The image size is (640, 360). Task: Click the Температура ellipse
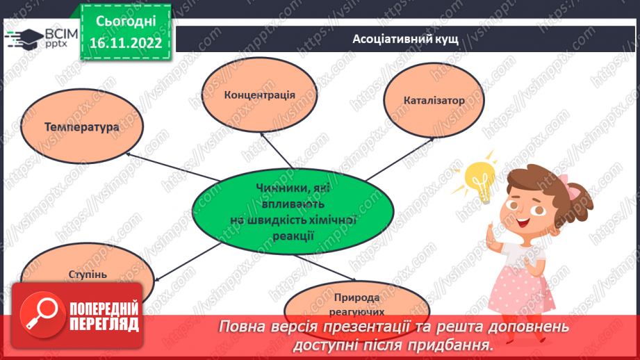(81, 128)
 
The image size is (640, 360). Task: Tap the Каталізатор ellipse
(433, 100)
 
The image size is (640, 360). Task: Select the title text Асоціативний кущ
(404, 39)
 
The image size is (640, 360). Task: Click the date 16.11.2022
(126, 43)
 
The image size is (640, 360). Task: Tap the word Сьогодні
(126, 21)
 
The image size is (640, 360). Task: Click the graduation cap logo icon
(24, 35)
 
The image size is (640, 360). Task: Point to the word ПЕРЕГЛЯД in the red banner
(104, 324)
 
